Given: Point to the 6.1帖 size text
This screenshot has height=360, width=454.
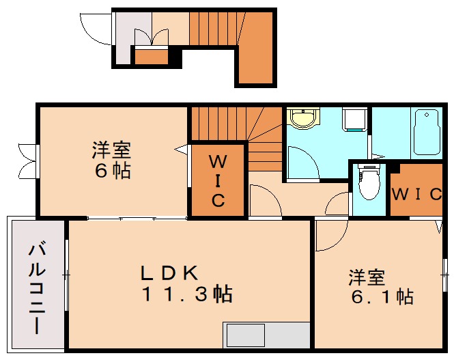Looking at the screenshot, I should click(382, 298).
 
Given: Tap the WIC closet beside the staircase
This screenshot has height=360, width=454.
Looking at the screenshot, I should click(217, 181).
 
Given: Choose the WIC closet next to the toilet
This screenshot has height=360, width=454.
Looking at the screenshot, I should click(417, 193).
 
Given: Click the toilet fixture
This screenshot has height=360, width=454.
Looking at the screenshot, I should click(368, 182).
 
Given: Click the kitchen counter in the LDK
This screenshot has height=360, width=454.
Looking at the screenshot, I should click(266, 336).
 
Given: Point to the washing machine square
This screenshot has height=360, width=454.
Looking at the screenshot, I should click(355, 120).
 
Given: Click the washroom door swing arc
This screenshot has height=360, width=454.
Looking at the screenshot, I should click(301, 163).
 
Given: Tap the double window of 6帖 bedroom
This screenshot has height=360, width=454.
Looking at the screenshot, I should click(27, 161).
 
